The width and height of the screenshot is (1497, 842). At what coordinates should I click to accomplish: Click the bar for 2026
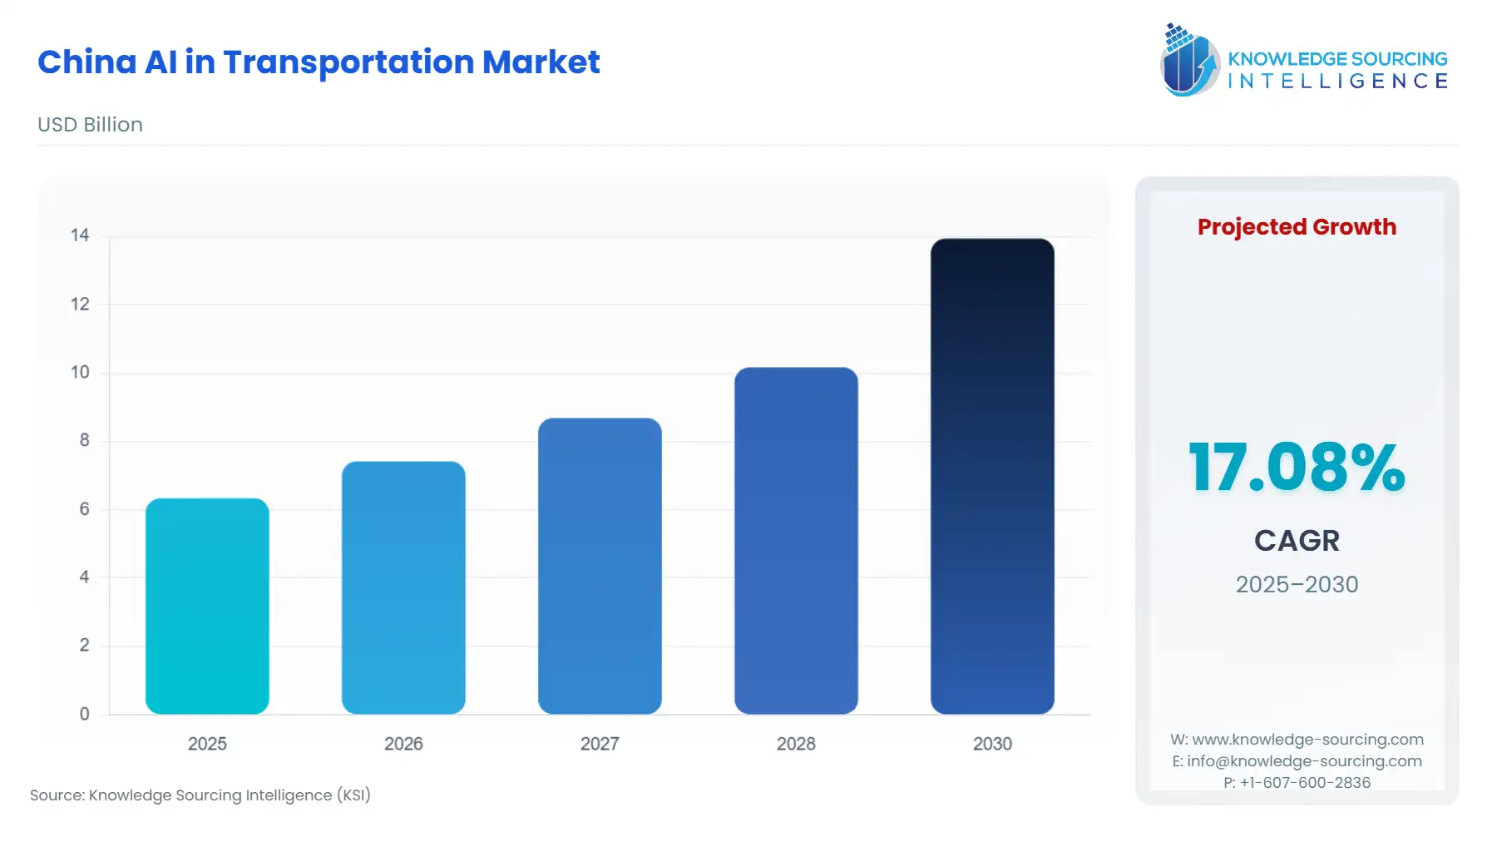pos(403,587)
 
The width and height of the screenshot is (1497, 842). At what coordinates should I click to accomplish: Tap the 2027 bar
pos(600,566)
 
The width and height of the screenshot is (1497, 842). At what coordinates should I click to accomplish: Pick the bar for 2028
pos(796,540)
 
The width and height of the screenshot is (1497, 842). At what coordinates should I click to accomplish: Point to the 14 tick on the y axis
pos(80,235)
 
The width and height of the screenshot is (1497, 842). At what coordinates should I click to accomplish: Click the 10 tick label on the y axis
pos(80,372)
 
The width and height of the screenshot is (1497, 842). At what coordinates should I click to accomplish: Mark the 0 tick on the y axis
pos(84,714)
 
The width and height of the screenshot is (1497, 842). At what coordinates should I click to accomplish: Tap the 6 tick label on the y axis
pos(84,508)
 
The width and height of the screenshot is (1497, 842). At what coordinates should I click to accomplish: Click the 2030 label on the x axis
pos(992,744)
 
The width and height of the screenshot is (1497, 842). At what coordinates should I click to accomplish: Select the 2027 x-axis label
pos(600,744)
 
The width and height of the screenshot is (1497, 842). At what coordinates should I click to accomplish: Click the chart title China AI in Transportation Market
pos(319,62)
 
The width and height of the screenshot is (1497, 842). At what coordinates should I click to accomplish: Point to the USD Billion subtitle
pos(90,125)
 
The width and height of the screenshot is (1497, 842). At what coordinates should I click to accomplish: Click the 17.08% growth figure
pos(1297,468)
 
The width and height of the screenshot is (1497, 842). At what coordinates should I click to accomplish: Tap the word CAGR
pos(1297,541)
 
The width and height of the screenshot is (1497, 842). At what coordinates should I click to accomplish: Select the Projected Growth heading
pos(1297,227)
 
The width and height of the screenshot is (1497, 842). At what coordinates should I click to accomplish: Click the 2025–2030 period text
pos(1297,584)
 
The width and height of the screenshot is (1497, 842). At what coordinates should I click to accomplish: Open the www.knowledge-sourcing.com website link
pos(1307,740)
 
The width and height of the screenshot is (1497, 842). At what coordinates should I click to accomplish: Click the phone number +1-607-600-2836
pos(1305,782)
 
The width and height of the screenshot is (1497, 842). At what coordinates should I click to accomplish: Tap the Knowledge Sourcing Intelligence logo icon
pos(1189,60)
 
